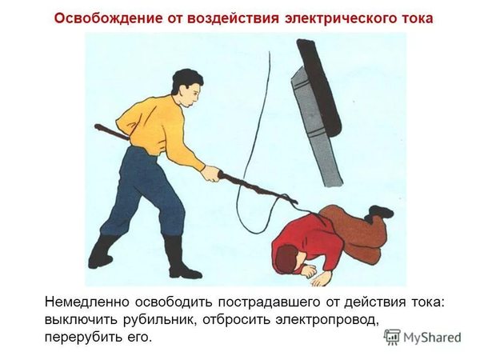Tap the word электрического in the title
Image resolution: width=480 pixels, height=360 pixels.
(x=327, y=18)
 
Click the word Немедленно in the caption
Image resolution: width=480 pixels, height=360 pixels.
(x=89, y=302)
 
